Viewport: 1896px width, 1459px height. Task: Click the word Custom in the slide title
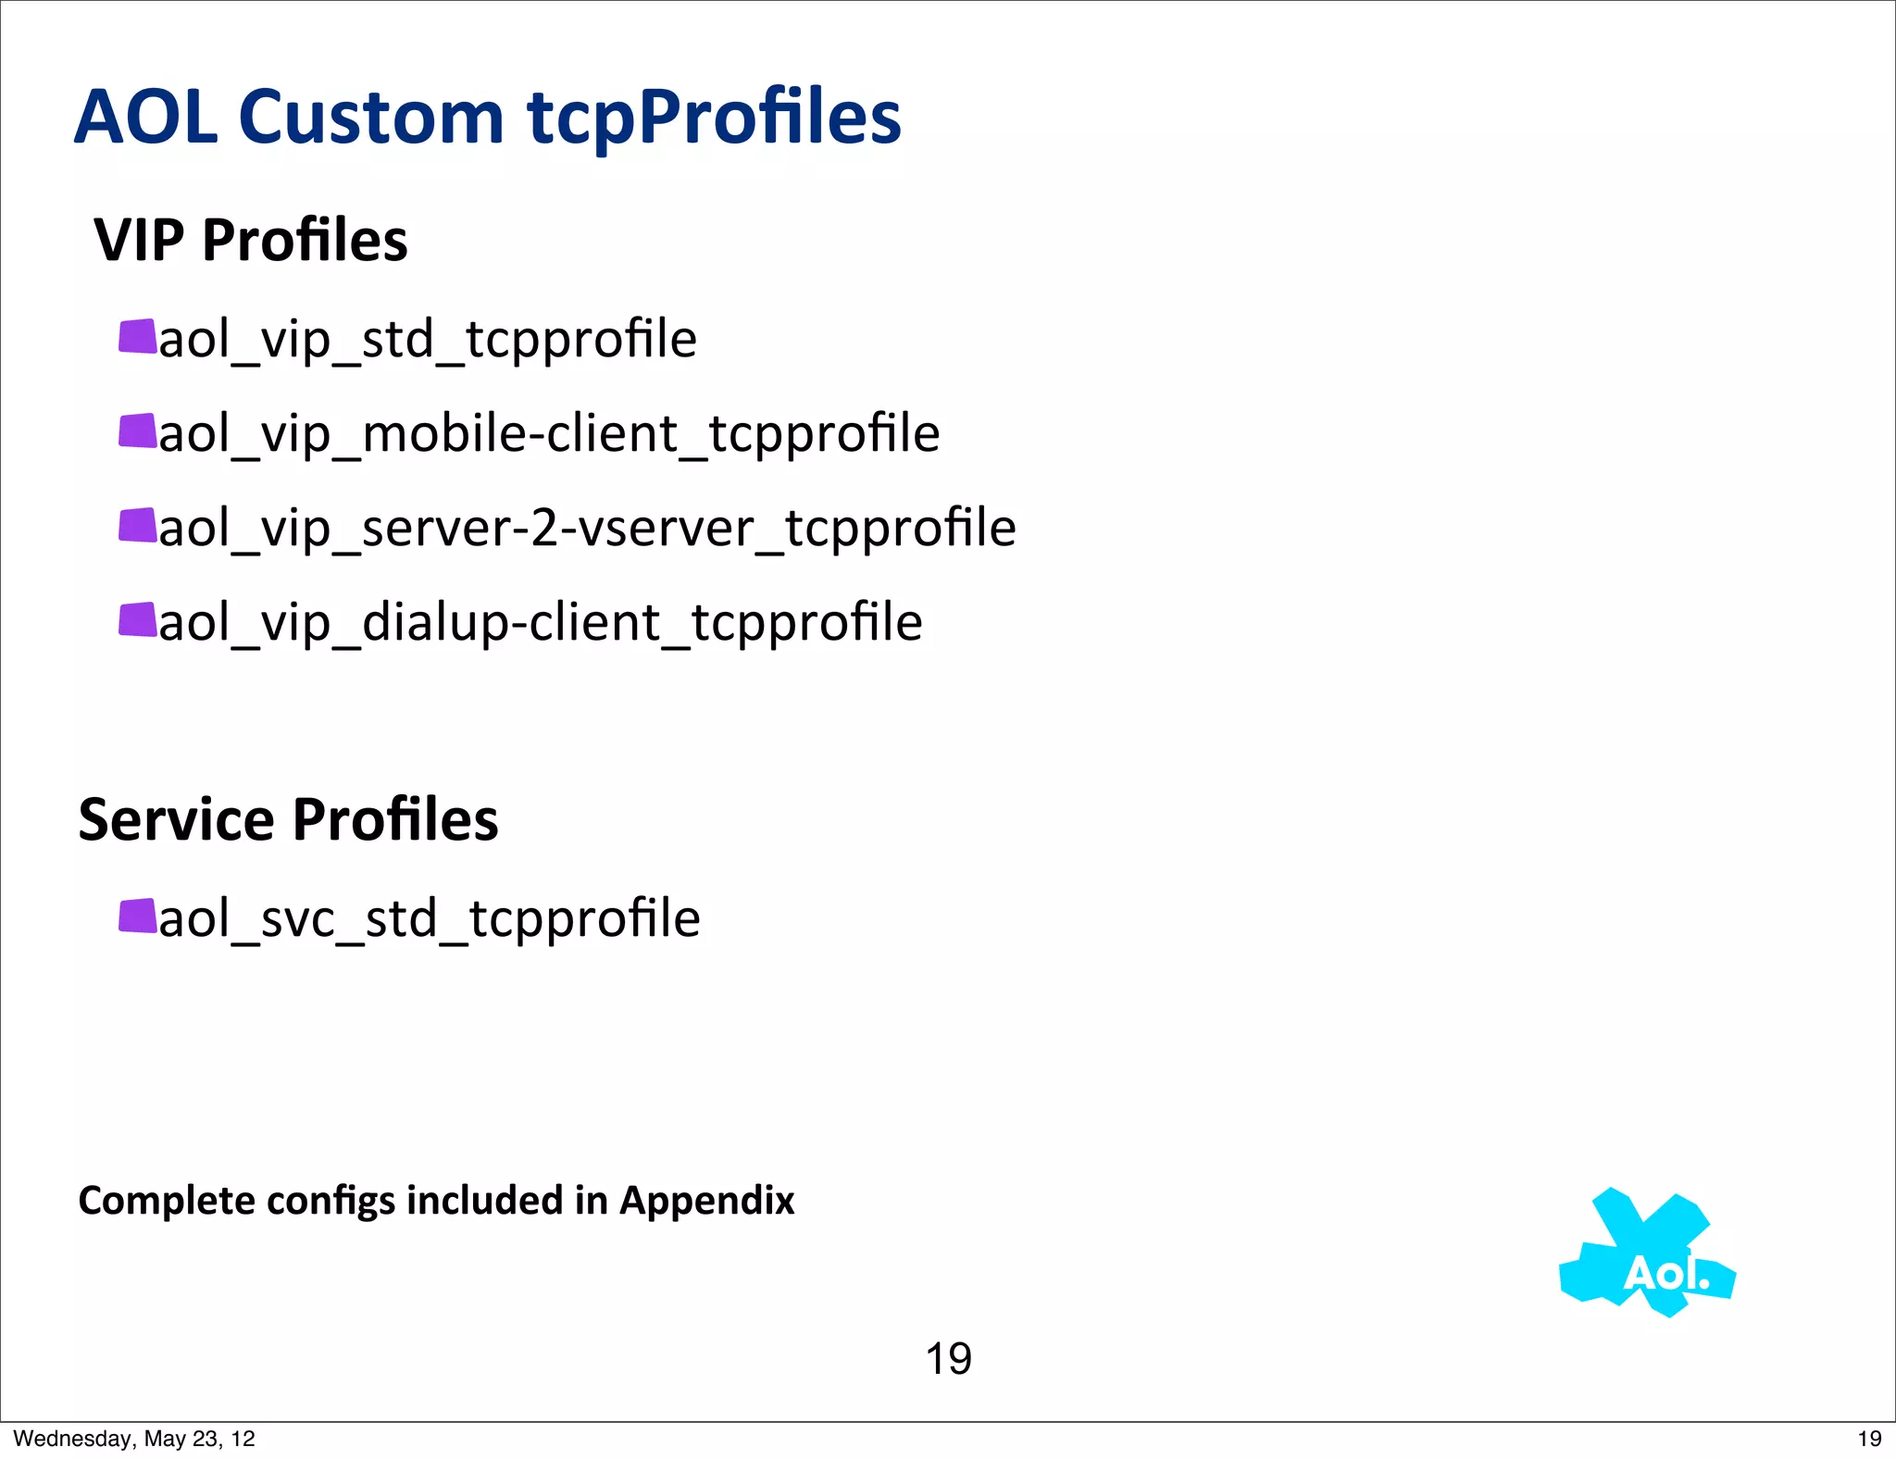tap(370, 118)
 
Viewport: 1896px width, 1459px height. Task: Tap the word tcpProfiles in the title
tap(714, 118)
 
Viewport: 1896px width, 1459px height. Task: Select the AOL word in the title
tap(146, 118)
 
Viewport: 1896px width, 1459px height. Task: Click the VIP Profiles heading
tap(251, 241)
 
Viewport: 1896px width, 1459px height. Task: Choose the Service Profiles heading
tap(288, 820)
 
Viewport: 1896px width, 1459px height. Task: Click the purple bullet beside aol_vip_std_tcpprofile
tap(138, 337)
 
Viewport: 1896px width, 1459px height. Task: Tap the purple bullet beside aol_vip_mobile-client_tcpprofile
tap(138, 431)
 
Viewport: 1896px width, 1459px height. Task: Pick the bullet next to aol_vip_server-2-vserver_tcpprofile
tap(138, 526)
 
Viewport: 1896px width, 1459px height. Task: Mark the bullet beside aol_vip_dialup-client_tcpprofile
tap(138, 620)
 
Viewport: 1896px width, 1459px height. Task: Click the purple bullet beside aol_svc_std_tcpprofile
tap(138, 917)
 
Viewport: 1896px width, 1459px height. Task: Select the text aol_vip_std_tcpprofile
tap(428, 340)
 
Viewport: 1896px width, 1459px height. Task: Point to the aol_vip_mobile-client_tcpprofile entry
tap(549, 434)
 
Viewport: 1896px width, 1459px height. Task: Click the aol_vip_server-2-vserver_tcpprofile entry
tap(587, 529)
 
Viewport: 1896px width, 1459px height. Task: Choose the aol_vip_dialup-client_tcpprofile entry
tap(541, 623)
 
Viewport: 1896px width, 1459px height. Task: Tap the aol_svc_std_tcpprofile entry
tap(430, 919)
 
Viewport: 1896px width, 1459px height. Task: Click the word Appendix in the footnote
tap(707, 1201)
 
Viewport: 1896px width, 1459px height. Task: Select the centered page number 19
tap(948, 1359)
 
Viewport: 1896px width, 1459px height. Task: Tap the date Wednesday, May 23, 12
tap(134, 1439)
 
